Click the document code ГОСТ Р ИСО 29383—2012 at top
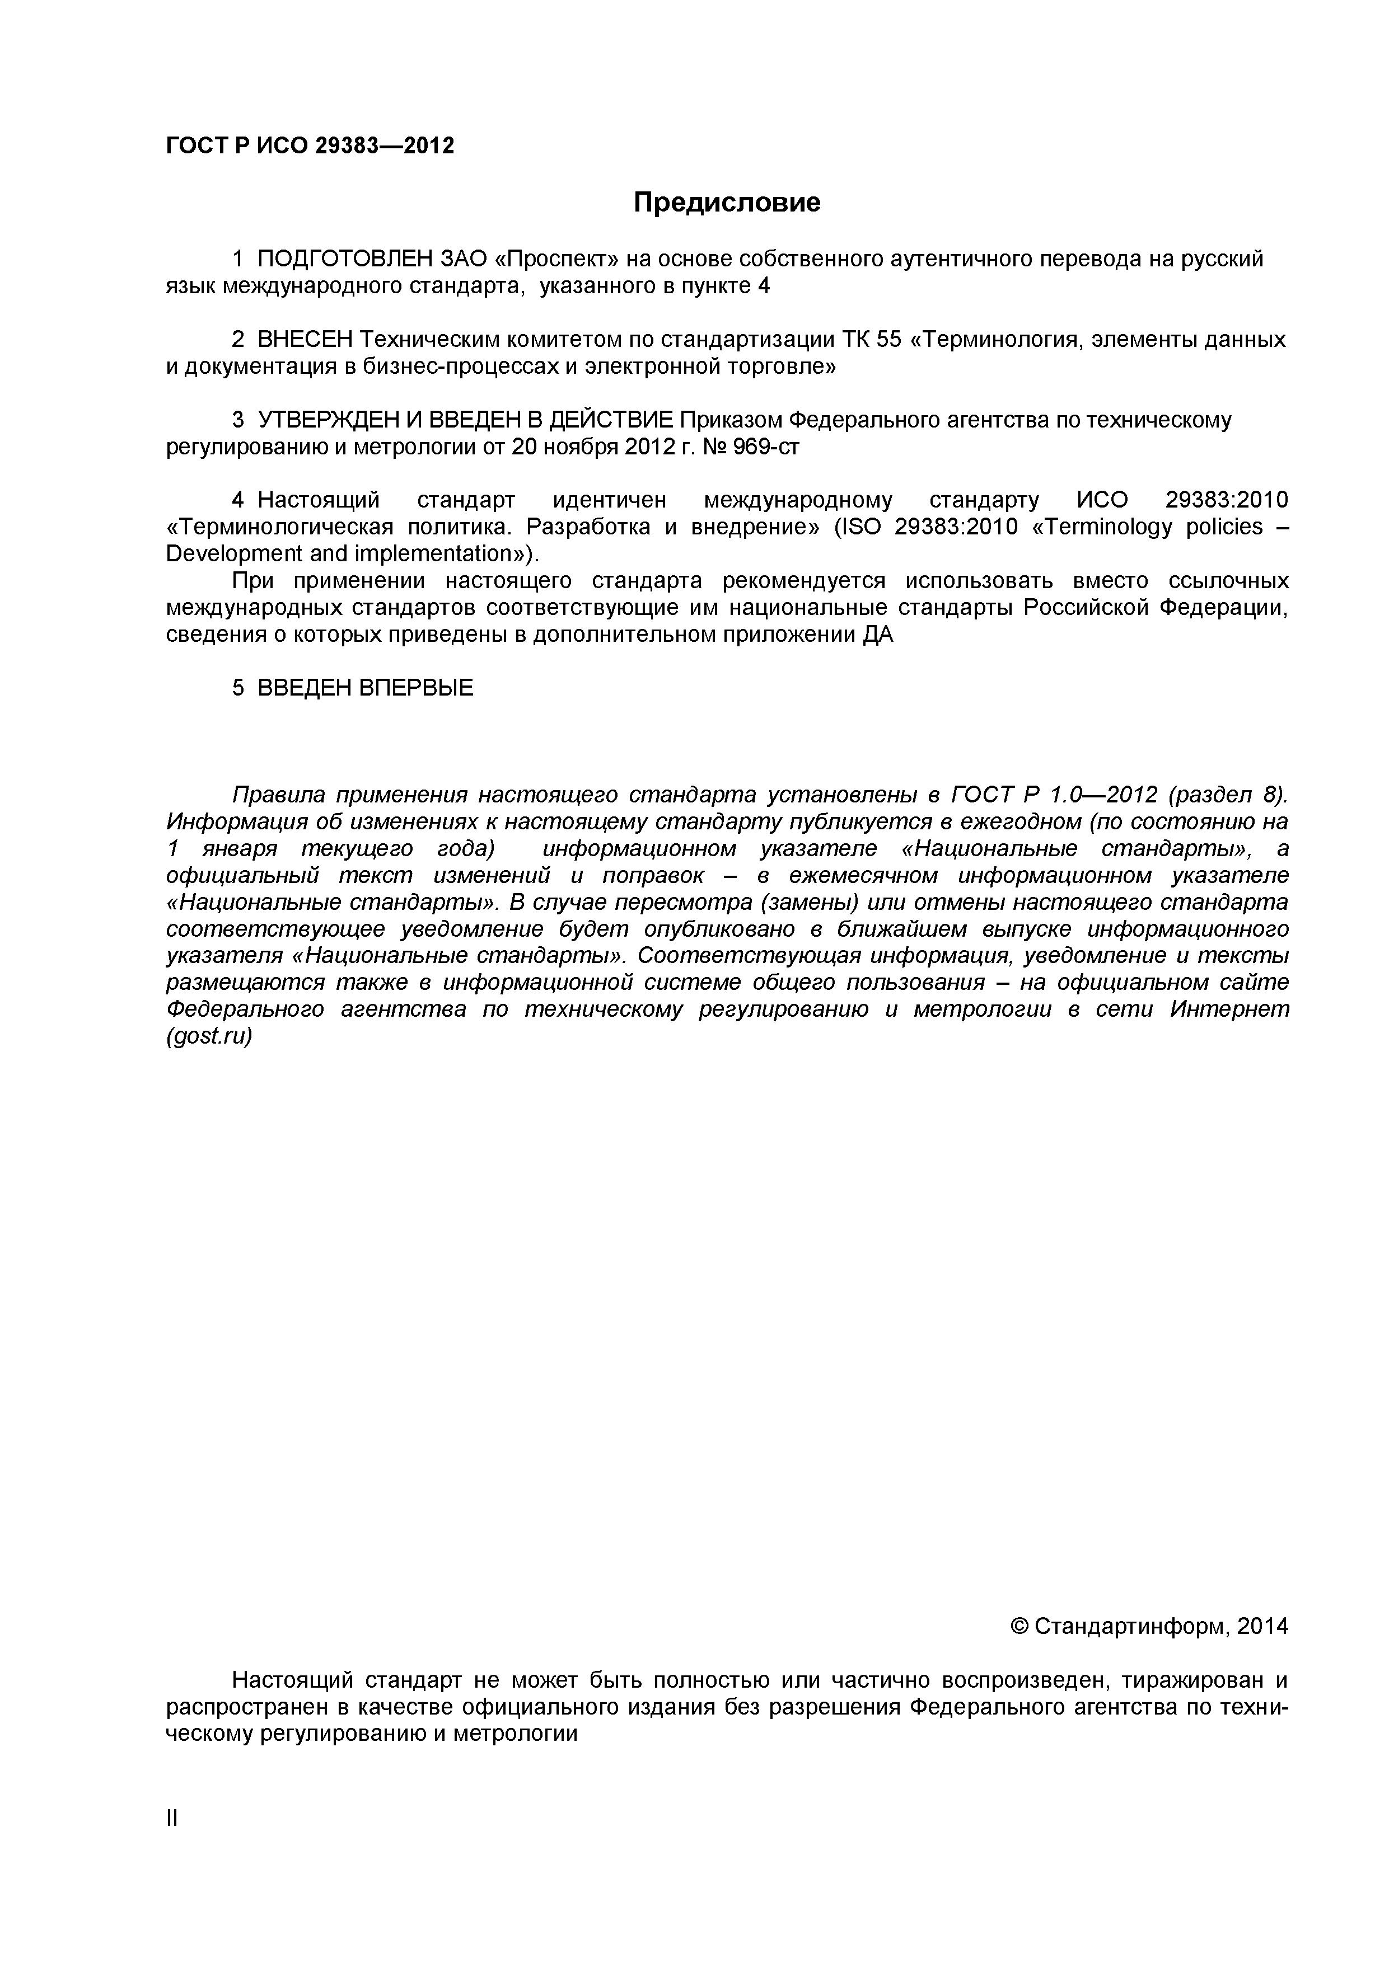pos(310,146)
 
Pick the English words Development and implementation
pos(349,553)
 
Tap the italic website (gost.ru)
pos(209,1037)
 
